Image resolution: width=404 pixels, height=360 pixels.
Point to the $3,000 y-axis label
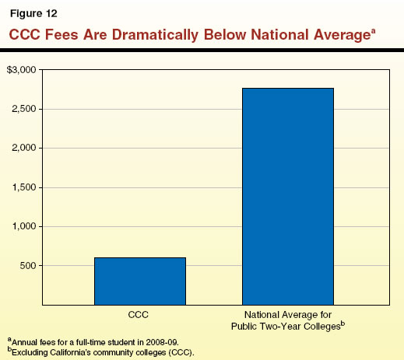(x=21, y=70)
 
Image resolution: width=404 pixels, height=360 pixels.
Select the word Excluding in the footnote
(x=29, y=351)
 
